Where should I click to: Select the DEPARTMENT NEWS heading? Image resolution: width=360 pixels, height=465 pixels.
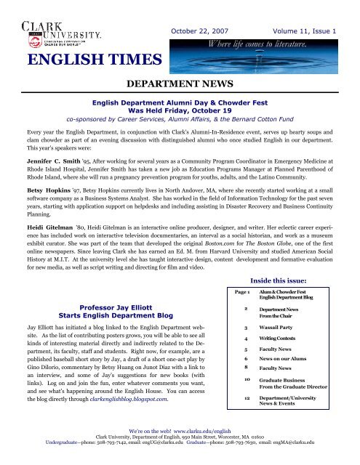[x=180, y=86]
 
